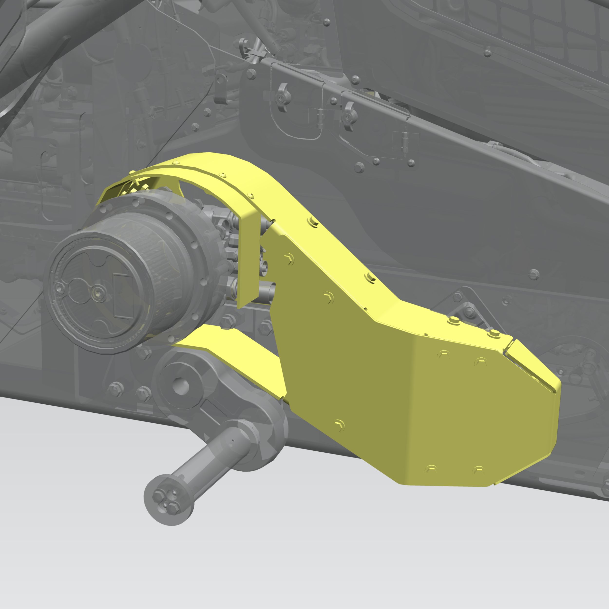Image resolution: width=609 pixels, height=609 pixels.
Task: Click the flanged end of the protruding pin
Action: click(169, 500)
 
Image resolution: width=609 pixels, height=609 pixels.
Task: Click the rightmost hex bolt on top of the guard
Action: click(493, 333)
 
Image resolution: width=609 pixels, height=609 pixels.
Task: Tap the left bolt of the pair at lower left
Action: click(115, 389)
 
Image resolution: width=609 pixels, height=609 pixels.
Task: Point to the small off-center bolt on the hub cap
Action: click(59, 287)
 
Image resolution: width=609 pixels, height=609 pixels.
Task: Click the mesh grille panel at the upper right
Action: click(536, 28)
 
